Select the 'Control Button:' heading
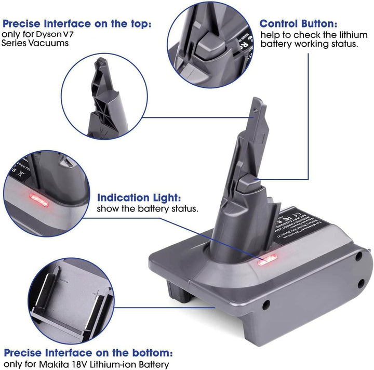click(298, 24)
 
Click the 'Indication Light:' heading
click(139, 198)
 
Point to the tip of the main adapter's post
click(257, 102)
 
